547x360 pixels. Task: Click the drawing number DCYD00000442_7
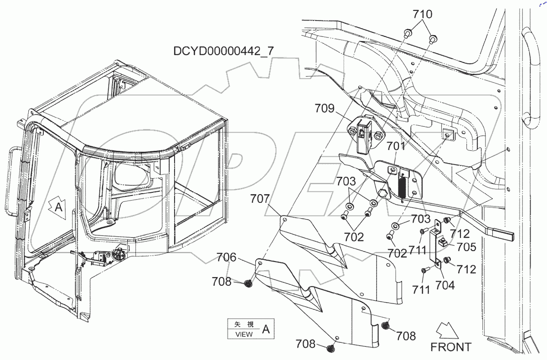click(x=223, y=51)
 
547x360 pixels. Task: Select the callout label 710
click(x=422, y=15)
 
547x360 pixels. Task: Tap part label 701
click(x=396, y=147)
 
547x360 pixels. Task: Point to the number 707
click(x=260, y=199)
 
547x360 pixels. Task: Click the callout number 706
click(x=227, y=258)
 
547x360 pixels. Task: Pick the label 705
click(x=467, y=247)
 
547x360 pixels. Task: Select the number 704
click(x=444, y=286)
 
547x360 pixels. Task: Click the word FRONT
click(x=451, y=347)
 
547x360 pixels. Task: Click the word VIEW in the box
click(x=243, y=334)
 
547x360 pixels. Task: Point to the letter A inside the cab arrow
click(x=58, y=207)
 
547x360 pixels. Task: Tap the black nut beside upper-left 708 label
click(x=248, y=283)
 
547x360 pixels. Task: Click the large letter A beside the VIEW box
click(x=266, y=329)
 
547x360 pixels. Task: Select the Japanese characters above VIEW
click(x=243, y=324)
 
